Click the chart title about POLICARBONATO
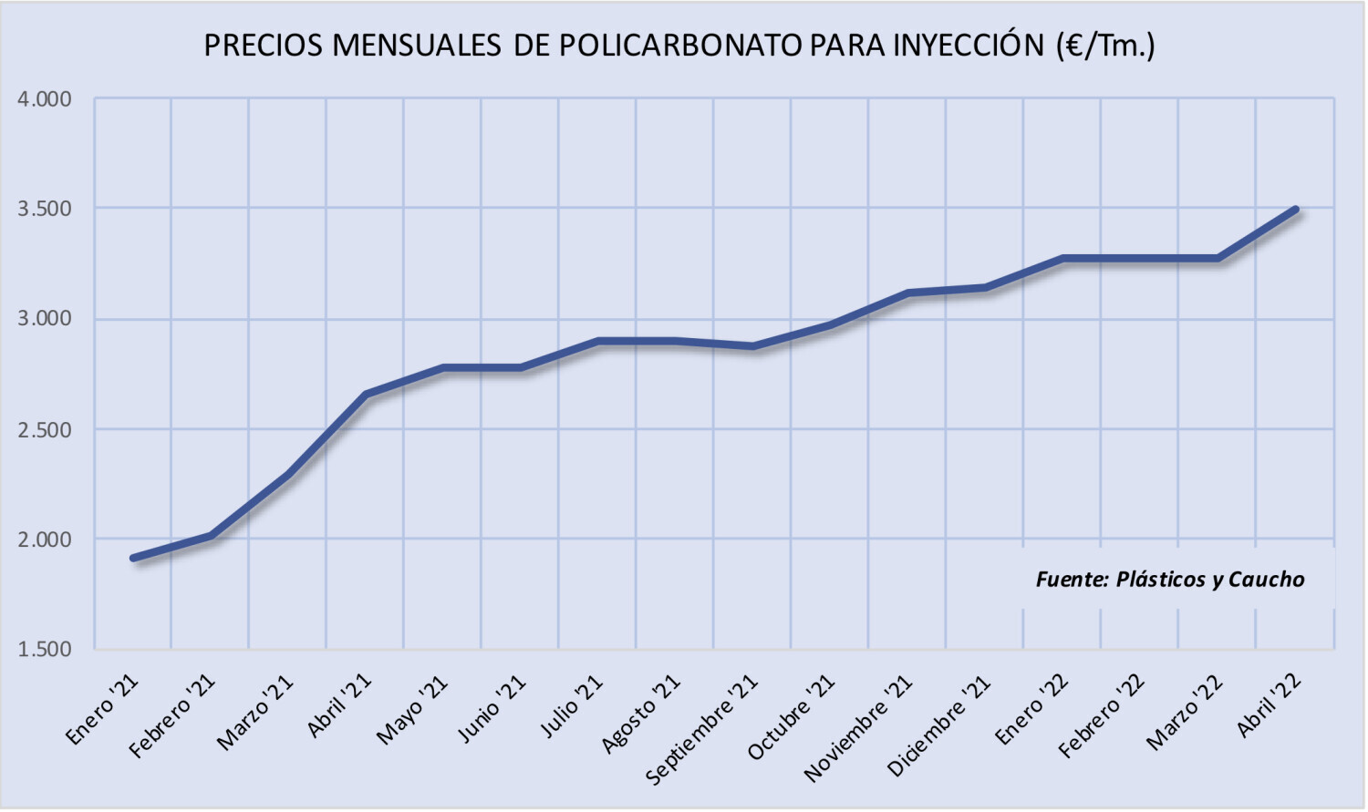(x=679, y=45)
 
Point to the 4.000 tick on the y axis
(x=45, y=99)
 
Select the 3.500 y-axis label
(x=45, y=209)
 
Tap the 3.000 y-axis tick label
(x=45, y=319)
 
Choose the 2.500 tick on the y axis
(x=45, y=429)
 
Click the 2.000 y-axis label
(x=45, y=540)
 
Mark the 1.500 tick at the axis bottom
(x=45, y=650)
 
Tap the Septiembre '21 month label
(x=701, y=730)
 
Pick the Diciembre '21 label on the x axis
(x=939, y=726)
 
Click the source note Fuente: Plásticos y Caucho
(x=1170, y=580)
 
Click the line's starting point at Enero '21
(x=133, y=558)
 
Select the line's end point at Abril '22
(x=1295, y=210)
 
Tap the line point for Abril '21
(x=366, y=395)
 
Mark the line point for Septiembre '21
(x=753, y=346)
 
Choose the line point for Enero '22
(x=1063, y=259)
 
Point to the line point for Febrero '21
(x=211, y=536)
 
